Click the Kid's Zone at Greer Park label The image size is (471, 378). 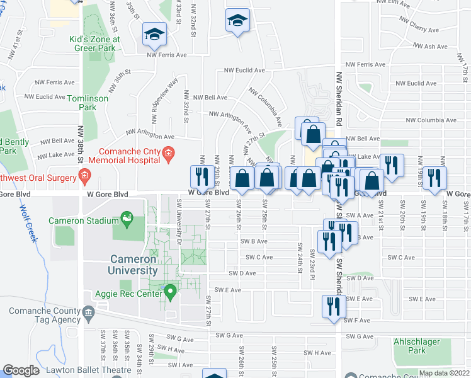point(94,43)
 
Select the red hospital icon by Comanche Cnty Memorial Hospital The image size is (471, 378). point(167,153)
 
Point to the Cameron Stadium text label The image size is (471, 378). point(84,221)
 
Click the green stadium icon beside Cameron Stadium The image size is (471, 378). point(128,219)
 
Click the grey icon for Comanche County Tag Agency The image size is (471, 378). point(88,312)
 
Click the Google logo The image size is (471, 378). point(21,370)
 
